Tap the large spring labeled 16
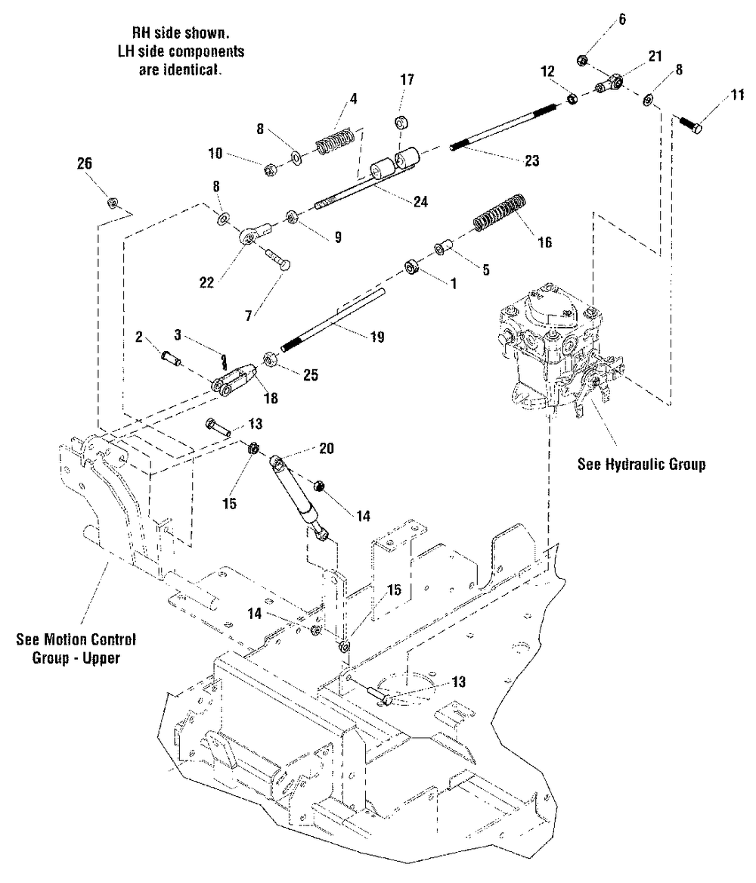pyautogui.click(x=499, y=213)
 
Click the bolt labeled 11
pyautogui.click(x=686, y=123)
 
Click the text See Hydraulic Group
pyautogui.click(x=641, y=464)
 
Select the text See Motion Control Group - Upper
pyautogui.click(x=76, y=648)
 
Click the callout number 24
pyautogui.click(x=420, y=202)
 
